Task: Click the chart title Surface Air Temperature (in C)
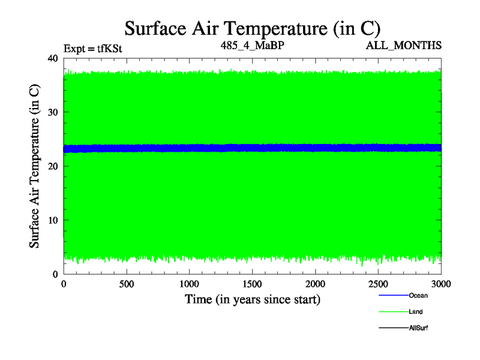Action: (x=252, y=28)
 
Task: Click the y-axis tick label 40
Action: (x=52, y=58)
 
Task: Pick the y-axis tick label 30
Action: (x=52, y=112)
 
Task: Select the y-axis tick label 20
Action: (x=52, y=166)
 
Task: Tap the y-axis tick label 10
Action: (x=52, y=220)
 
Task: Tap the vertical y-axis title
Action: (x=35, y=166)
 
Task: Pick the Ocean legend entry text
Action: (x=418, y=295)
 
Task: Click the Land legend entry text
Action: (x=416, y=312)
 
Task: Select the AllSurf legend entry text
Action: (x=419, y=328)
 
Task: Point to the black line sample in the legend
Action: (x=393, y=328)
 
